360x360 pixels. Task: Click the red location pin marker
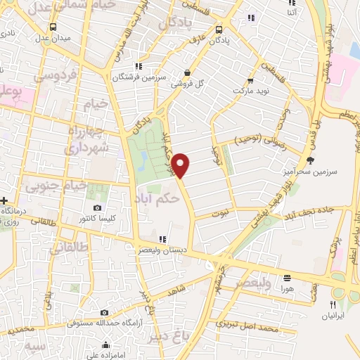[x=181, y=166]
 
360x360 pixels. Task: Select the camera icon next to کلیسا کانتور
[x=97, y=208]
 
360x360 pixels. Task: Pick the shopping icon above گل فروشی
[x=186, y=72]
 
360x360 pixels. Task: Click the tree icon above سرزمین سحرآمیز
[x=311, y=161]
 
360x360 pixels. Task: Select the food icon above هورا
[x=287, y=277]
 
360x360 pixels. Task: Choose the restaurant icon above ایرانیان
[x=333, y=305]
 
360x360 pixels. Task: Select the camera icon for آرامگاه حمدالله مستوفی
[x=104, y=313]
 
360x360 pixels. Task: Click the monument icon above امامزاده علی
[x=106, y=345]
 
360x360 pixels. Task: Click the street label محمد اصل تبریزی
[x=250, y=327]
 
